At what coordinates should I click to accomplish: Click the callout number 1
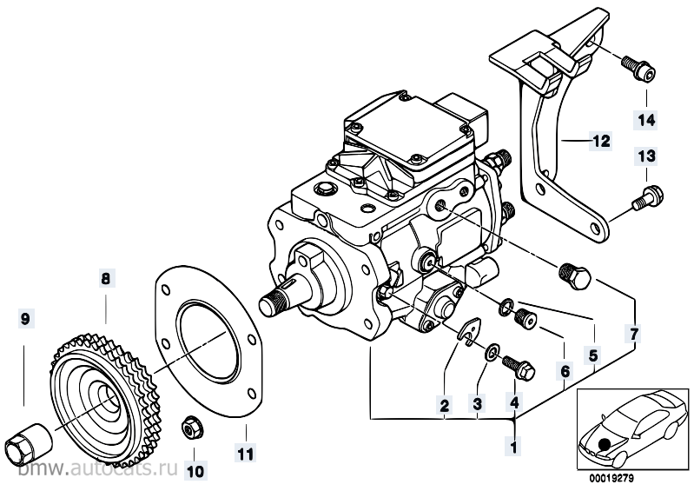coord(514,448)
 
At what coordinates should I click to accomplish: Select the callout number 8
coord(105,280)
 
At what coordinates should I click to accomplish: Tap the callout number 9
coord(25,320)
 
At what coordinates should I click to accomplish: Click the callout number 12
coord(601,139)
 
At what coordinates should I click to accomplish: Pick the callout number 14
coord(646,119)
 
